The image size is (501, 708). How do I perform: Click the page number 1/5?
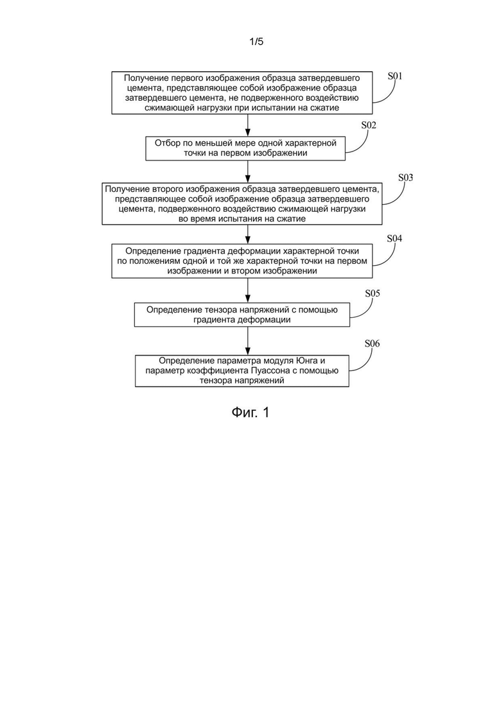pyautogui.click(x=256, y=42)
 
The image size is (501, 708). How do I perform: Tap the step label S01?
pyautogui.click(x=395, y=76)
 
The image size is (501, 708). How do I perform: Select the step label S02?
pyautogui.click(x=369, y=125)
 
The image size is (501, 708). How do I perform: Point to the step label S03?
pyautogui.click(x=405, y=177)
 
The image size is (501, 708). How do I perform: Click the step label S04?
pyautogui.click(x=394, y=238)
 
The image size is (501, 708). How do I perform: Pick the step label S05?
pyautogui.click(x=373, y=293)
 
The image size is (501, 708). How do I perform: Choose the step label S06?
pyautogui.click(x=373, y=343)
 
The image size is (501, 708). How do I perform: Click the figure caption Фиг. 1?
pyautogui.click(x=251, y=412)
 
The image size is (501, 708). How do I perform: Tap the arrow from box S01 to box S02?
pyautogui.click(x=247, y=125)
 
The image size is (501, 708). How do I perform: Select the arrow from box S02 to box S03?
pyautogui.click(x=247, y=171)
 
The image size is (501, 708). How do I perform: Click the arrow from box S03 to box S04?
pyautogui.click(x=247, y=234)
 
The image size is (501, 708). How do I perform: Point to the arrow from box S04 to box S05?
pyautogui.click(x=247, y=290)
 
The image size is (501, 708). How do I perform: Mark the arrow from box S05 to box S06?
pyautogui.click(x=247, y=341)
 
